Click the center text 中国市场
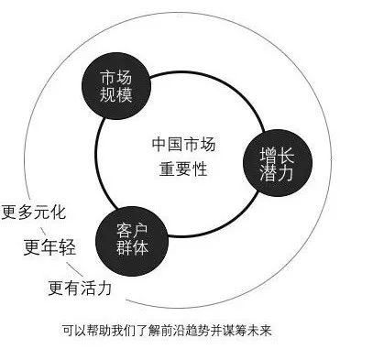[185, 144]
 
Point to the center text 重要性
[185, 168]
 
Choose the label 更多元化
[34, 211]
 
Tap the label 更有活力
[81, 288]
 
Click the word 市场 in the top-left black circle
[115, 77]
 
